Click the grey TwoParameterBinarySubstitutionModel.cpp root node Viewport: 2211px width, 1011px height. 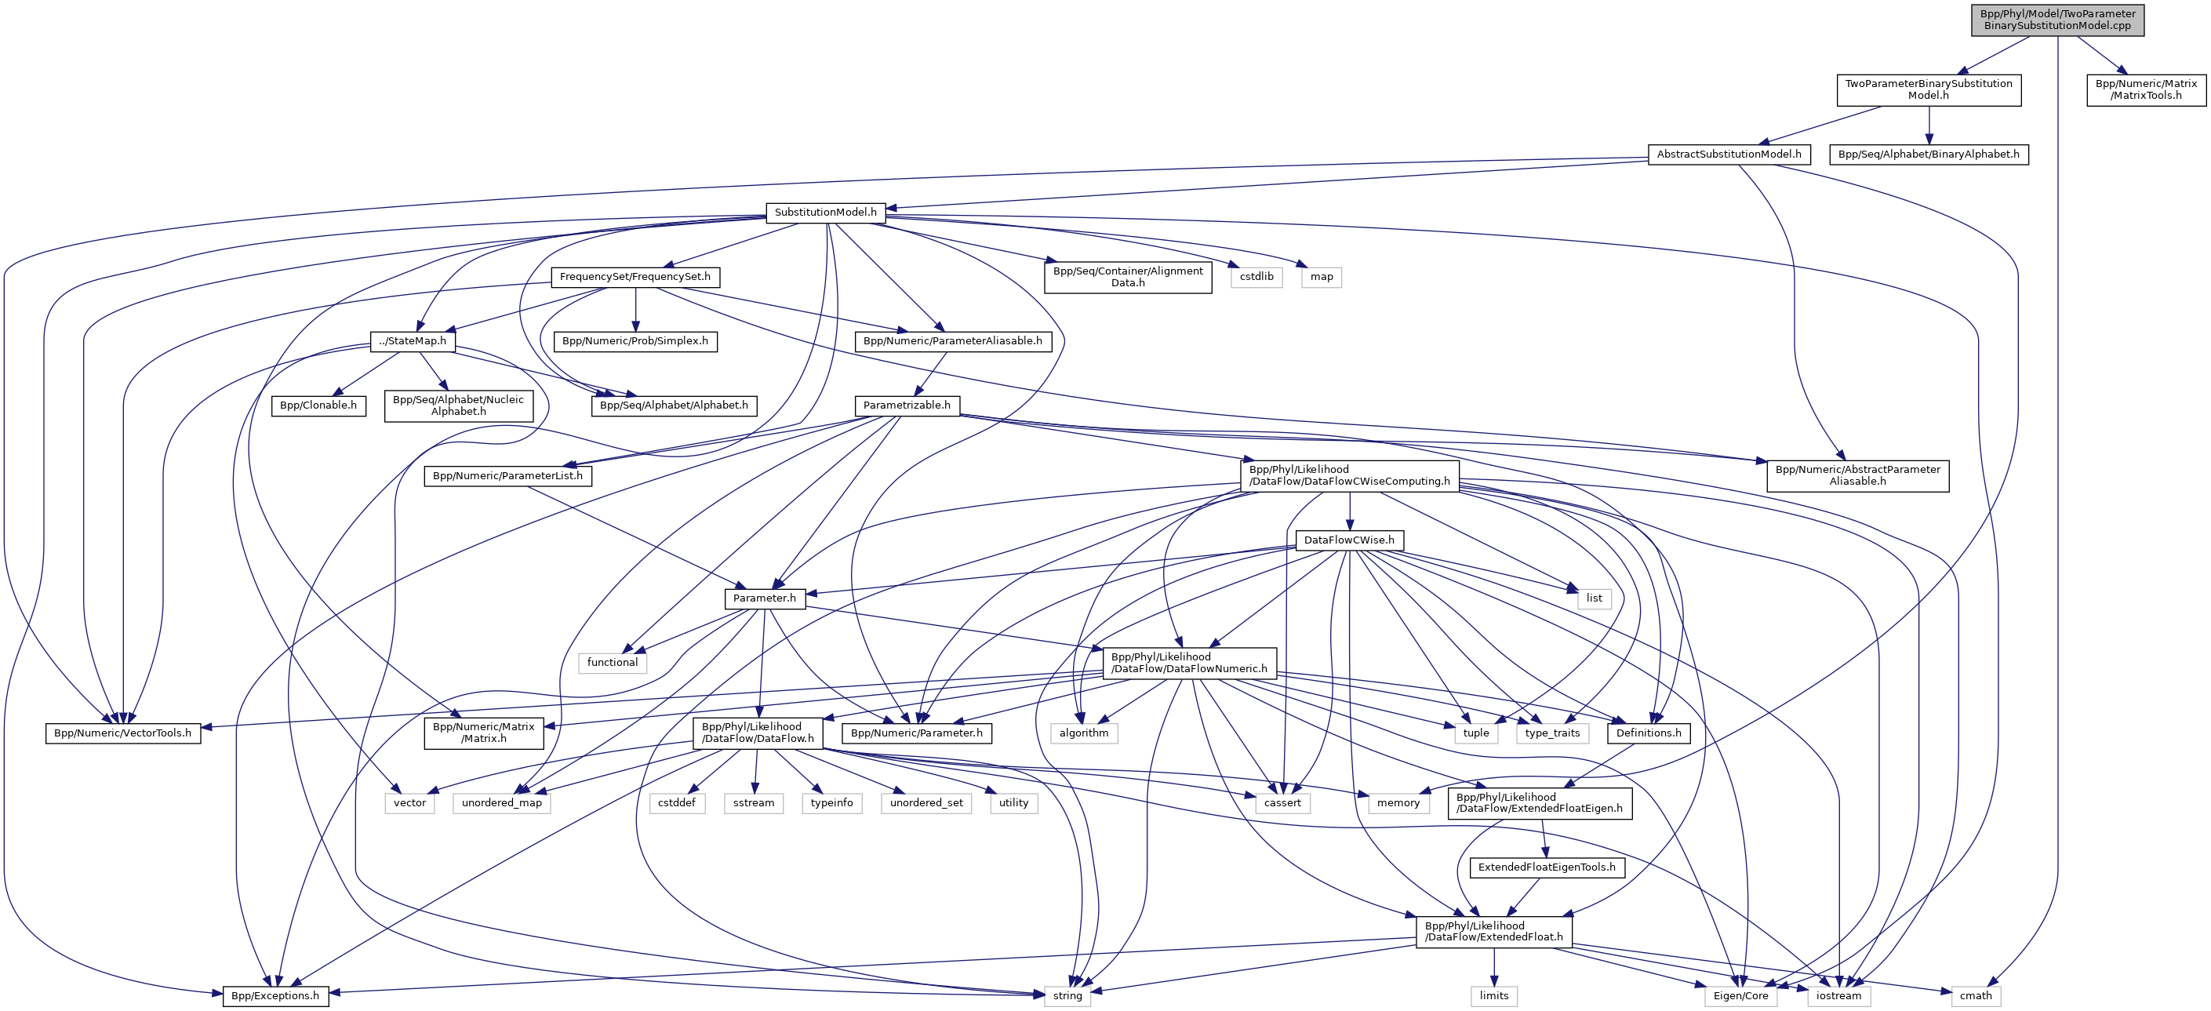2056,20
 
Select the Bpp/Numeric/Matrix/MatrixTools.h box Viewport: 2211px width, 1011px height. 2146,89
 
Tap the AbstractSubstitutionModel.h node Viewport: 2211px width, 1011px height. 1729,155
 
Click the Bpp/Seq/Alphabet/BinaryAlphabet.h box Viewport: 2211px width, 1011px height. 1929,155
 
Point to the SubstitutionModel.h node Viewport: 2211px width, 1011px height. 825,212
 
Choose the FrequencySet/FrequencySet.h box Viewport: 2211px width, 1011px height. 635,277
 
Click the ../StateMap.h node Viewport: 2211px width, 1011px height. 412,340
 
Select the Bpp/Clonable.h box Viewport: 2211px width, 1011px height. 318,405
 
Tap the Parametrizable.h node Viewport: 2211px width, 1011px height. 907,405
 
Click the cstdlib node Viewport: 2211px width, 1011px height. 1256,277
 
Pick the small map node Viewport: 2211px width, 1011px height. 1321,277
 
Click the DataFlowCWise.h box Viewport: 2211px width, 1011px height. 1349,540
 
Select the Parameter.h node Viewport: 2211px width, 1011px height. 764,598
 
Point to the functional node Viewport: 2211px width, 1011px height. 612,663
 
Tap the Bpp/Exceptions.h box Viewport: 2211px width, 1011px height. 275,996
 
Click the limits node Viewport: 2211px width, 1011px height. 1493,996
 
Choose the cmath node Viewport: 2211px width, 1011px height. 1975,996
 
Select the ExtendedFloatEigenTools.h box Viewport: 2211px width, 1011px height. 1546,867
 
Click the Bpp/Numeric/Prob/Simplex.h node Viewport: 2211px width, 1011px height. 635,340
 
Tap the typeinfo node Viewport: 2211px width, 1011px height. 831,803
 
